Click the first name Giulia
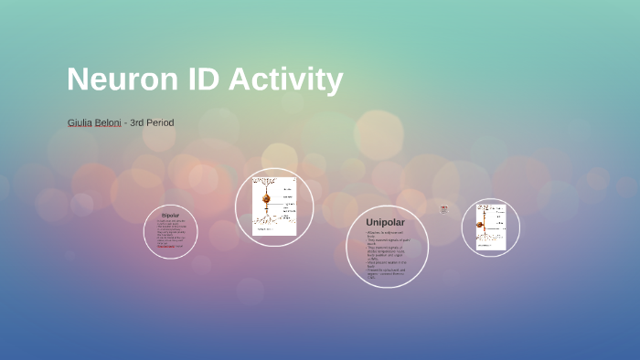point(81,122)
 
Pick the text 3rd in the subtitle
point(139,122)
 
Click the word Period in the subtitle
point(161,122)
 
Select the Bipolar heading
point(170,216)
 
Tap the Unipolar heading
point(385,222)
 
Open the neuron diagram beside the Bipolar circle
point(273,206)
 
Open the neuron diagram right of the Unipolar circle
point(490,226)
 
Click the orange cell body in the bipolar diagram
point(267,198)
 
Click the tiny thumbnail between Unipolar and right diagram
point(443,209)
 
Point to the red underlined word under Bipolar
point(166,246)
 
